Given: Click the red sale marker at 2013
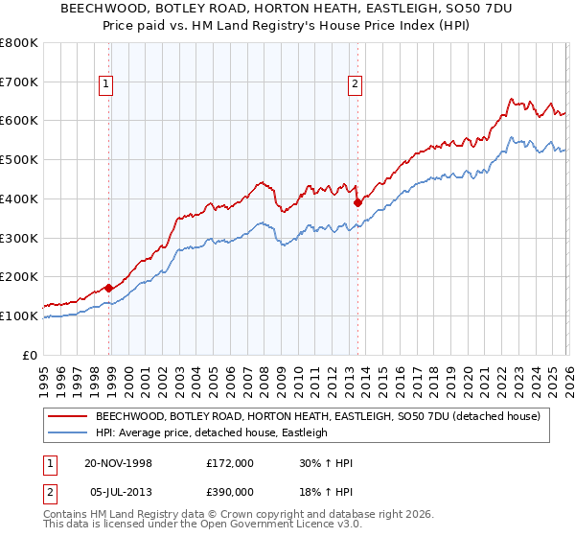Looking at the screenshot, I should pos(357,202).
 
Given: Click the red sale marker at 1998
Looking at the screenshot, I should pos(109,287).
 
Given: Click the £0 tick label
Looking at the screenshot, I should pos(30,355).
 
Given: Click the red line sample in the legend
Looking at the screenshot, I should pos(67,416).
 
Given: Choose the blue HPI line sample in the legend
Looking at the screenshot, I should pos(67,432).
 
